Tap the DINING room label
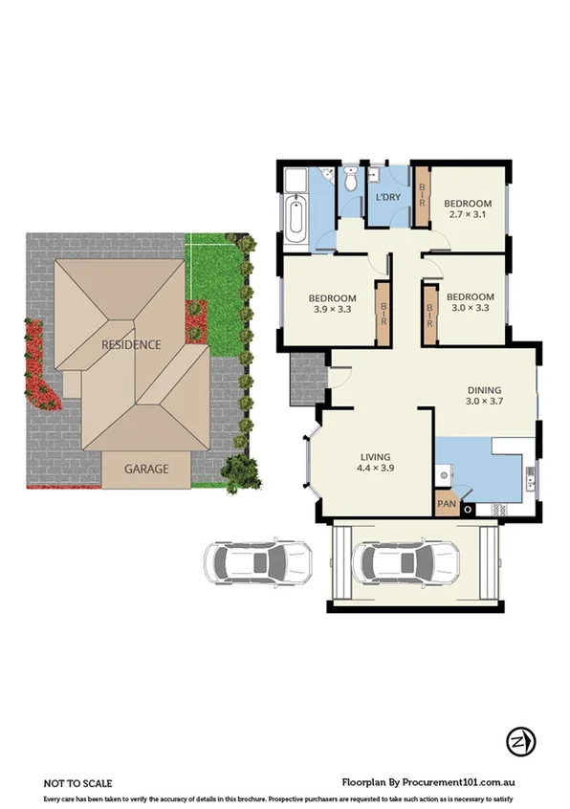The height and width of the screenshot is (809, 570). click(x=484, y=389)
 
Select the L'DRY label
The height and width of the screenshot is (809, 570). click(x=387, y=197)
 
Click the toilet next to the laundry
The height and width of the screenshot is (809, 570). click(x=351, y=179)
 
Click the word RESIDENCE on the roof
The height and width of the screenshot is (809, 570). click(x=132, y=344)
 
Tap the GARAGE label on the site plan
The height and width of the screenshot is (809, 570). click(x=146, y=469)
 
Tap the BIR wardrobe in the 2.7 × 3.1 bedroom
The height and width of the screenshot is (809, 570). click(x=422, y=196)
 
